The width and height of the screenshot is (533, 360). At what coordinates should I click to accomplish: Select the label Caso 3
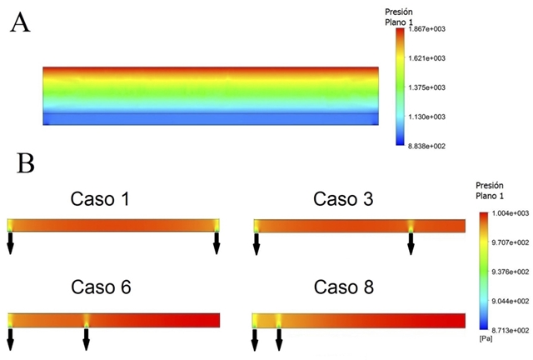(x=341, y=199)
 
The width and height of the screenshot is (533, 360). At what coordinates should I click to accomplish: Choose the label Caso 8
(x=343, y=288)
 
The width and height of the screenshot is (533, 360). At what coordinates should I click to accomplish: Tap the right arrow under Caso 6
(x=87, y=337)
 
